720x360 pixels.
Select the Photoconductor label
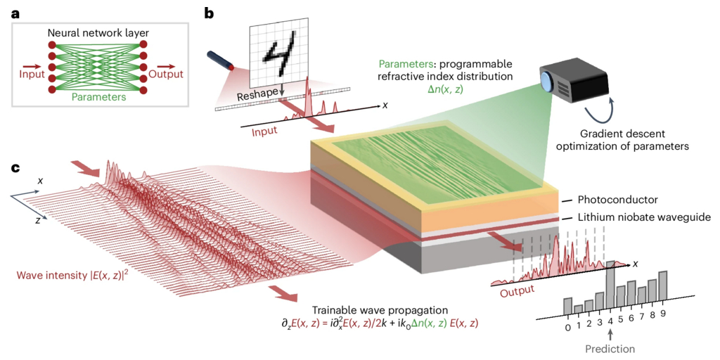coord(619,198)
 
